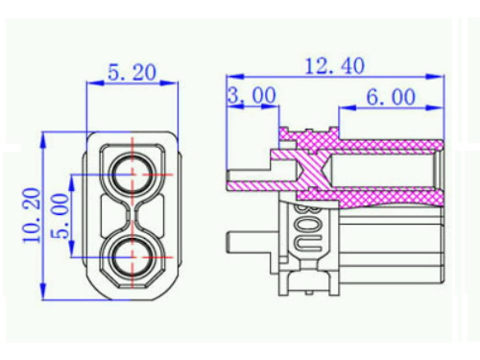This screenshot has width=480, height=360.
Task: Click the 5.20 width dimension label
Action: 132,72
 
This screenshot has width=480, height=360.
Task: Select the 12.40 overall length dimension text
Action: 335,66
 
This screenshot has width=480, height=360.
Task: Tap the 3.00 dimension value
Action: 252,95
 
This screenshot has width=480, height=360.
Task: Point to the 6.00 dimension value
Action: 391,97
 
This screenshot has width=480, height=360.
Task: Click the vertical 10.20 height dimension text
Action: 32,216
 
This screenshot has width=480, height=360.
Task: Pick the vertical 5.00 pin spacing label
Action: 60,216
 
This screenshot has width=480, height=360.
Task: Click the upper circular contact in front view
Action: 132,175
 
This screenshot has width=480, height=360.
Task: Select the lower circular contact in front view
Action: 132,257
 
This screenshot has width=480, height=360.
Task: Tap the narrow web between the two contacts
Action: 132,216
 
